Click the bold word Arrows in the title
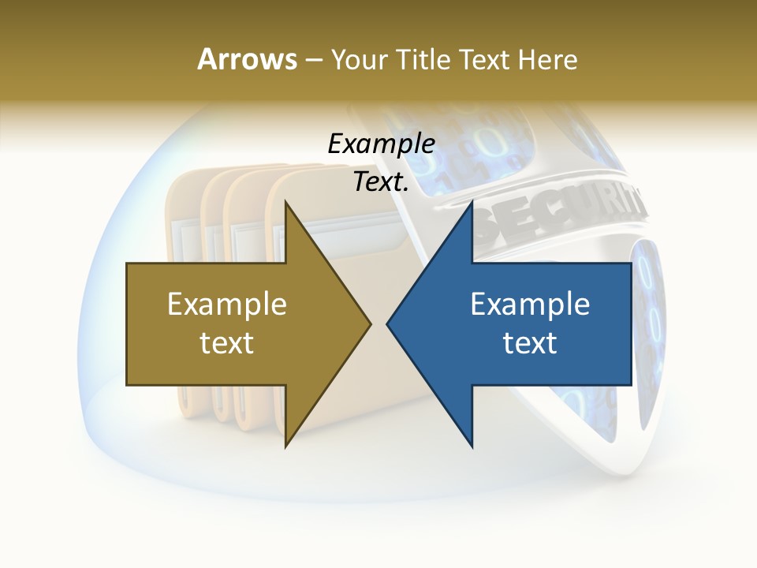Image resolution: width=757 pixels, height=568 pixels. (x=246, y=59)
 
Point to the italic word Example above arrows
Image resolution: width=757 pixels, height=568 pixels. (x=381, y=144)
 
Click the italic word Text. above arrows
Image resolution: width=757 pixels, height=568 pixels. (x=381, y=181)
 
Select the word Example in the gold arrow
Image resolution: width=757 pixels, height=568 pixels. (x=227, y=304)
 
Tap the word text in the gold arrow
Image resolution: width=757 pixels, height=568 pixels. (x=227, y=342)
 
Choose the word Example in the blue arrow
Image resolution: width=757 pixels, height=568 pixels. (x=530, y=304)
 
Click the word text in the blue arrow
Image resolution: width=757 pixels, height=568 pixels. (x=530, y=342)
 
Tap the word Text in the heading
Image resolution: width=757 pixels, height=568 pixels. (x=484, y=59)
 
